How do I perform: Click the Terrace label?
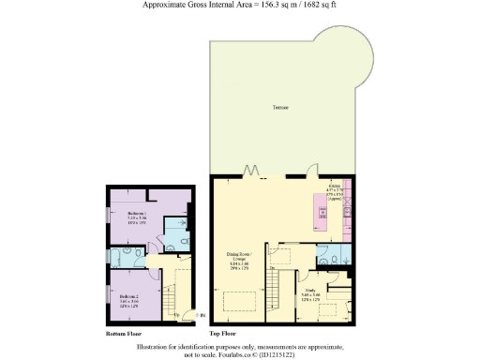tap(279, 107)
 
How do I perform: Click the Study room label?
tap(310, 293)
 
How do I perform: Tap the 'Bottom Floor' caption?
tap(124, 333)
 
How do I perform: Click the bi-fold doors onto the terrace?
tap(251, 172)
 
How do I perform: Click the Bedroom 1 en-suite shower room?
tap(174, 229)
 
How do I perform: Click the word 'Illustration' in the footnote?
tap(158, 346)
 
